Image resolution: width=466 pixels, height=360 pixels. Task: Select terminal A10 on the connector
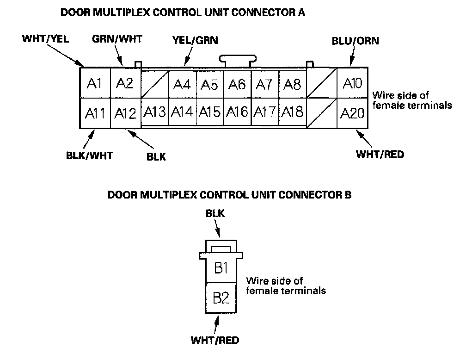[352, 83]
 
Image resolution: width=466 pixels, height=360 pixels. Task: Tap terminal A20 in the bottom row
[352, 113]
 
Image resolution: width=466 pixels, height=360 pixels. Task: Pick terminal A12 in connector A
[125, 113]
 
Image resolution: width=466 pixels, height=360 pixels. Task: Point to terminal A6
[237, 84]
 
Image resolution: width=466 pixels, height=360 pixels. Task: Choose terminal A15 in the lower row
[210, 112]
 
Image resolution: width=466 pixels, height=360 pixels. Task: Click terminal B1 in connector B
[221, 268]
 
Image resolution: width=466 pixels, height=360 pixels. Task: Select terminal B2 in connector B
[221, 298]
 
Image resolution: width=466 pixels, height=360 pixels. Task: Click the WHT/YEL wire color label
[45, 39]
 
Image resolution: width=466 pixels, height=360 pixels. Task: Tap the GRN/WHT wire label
[117, 39]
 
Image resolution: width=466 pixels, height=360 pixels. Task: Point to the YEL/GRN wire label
[195, 40]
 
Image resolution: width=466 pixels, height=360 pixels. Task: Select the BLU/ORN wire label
[356, 41]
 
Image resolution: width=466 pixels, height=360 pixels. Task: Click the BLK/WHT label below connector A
[90, 155]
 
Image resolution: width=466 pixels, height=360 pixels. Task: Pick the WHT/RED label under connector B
[215, 340]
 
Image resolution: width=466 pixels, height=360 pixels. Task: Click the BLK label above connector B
[215, 213]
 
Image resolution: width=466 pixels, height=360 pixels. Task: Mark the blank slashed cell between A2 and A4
[155, 84]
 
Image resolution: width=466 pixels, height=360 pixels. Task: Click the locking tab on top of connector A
[238, 61]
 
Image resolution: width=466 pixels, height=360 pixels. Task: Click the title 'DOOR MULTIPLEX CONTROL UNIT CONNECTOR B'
[229, 195]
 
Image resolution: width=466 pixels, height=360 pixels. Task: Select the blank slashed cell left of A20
[322, 113]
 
